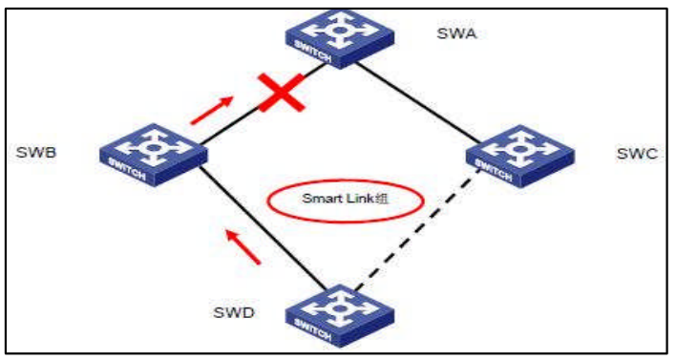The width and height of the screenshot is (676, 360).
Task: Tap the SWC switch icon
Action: pos(519,156)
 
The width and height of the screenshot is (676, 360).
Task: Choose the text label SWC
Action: pos(631,153)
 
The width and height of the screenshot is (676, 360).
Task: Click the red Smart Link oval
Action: pos(330,200)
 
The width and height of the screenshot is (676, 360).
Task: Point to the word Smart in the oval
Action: pos(317,200)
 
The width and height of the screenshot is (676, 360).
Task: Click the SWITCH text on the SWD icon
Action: pos(328,329)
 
